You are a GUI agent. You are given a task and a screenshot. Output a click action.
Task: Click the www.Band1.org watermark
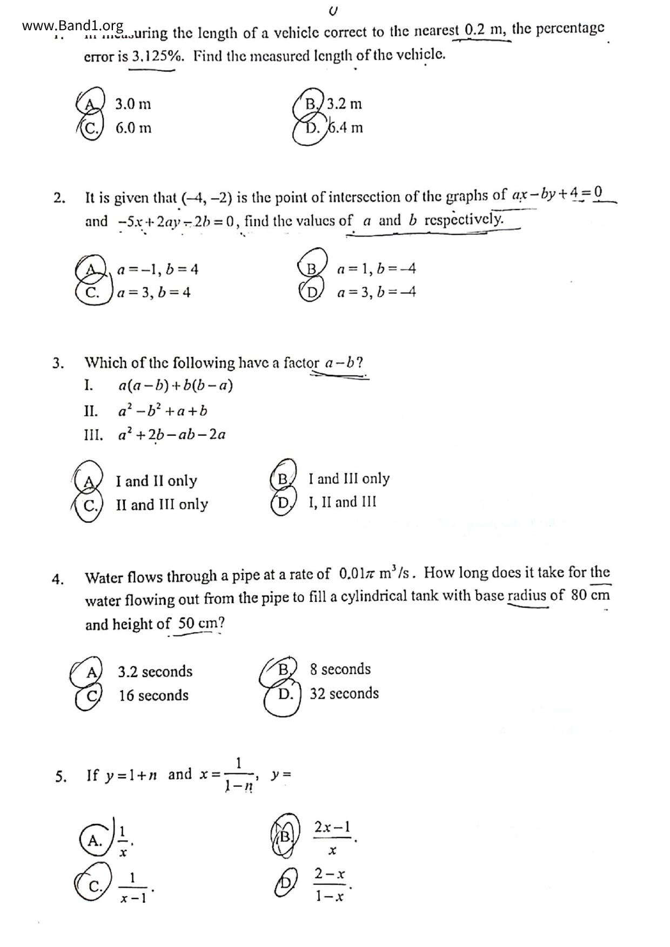tap(73, 25)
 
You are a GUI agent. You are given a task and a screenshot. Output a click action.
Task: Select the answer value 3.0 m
tap(133, 104)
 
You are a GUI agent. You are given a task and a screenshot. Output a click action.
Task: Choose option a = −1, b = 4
tap(158, 269)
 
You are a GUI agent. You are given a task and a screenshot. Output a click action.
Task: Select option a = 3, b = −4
tap(376, 293)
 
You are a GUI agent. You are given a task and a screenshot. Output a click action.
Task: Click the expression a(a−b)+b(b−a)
tap(176, 385)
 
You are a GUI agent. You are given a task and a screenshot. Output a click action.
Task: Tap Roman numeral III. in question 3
tap(93, 435)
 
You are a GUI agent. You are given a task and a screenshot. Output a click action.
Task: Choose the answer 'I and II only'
tap(156, 481)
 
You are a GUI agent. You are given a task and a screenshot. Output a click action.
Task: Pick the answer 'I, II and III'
tap(343, 503)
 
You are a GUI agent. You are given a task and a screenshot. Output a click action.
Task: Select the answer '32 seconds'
tap(344, 694)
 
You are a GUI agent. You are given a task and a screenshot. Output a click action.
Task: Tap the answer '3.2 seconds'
tap(155, 672)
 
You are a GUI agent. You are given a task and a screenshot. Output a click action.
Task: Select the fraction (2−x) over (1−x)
tap(330, 884)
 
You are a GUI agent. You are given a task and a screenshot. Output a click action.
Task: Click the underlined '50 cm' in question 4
tap(193, 624)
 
